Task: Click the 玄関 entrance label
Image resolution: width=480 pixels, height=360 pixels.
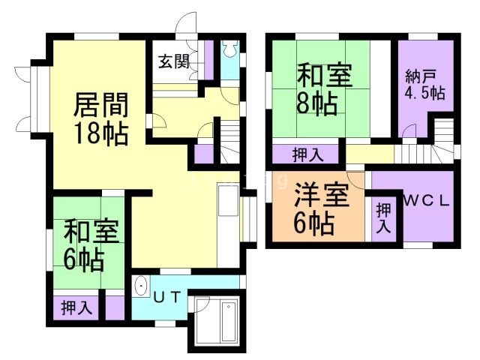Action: click(172, 62)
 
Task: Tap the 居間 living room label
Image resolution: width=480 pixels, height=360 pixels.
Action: click(100, 105)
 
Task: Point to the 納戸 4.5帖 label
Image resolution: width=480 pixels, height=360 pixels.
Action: click(424, 85)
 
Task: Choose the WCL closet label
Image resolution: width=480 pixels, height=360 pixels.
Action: click(425, 200)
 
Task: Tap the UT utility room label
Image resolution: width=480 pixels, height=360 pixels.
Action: click(167, 296)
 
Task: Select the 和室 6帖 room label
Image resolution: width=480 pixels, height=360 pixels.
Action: click(89, 244)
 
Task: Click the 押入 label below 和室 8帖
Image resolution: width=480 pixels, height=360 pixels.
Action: click(307, 155)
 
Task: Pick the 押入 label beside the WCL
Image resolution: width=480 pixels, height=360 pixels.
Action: click(383, 218)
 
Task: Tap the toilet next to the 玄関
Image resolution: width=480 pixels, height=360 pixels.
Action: click(230, 49)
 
